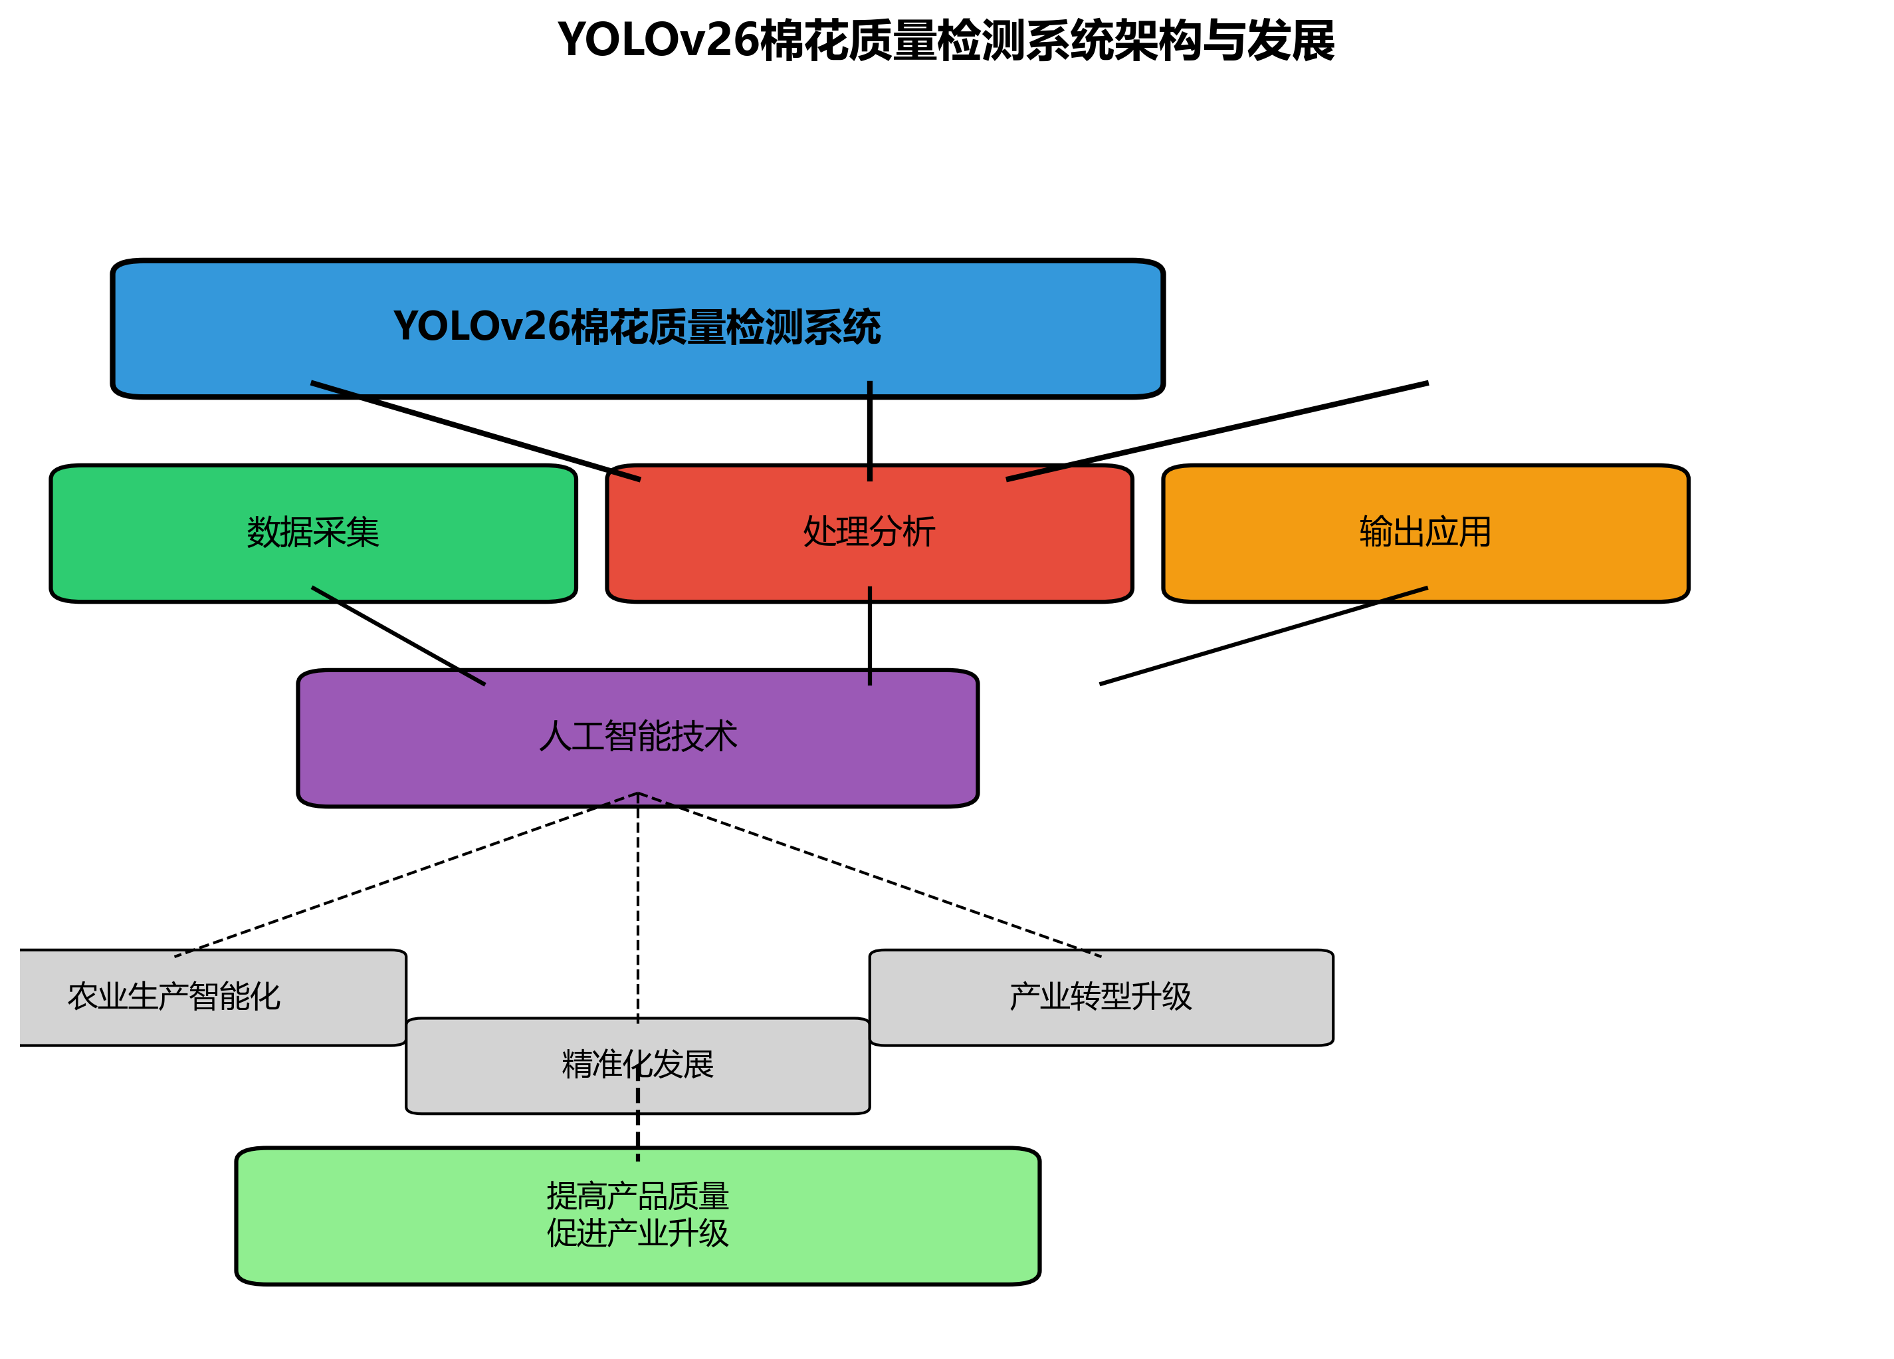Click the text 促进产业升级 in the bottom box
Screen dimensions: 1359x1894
point(637,1233)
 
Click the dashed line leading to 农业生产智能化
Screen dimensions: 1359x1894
point(406,874)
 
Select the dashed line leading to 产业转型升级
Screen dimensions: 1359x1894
point(869,874)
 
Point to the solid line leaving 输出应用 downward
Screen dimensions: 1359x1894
point(1263,636)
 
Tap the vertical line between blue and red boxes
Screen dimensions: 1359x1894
point(869,431)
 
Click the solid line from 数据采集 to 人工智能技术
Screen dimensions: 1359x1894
point(397,636)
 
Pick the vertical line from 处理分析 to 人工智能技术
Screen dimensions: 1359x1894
point(869,636)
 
